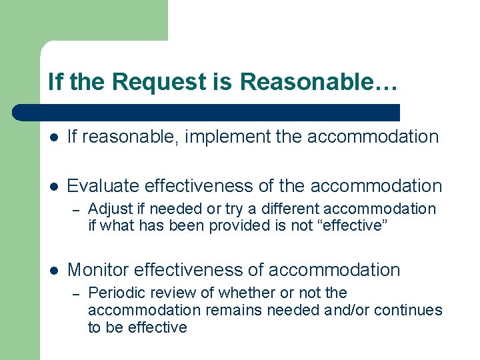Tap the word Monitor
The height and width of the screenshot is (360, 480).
pyautogui.click(x=98, y=270)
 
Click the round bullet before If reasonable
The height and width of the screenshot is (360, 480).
pyautogui.click(x=54, y=137)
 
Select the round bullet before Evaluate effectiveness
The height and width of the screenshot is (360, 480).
pyautogui.click(x=54, y=187)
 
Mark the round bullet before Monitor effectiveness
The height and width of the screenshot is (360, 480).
pyautogui.click(x=54, y=271)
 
